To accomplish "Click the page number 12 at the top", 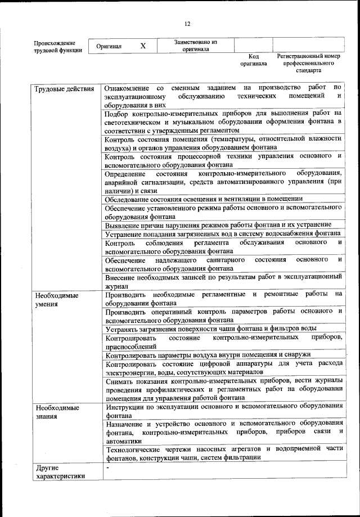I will [187, 24].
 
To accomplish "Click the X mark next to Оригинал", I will [143, 46].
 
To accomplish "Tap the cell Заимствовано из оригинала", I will [195, 46].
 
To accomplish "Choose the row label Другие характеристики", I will [60, 471].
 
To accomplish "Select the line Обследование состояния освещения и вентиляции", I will [204, 199].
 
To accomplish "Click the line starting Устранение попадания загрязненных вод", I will [222, 233].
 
